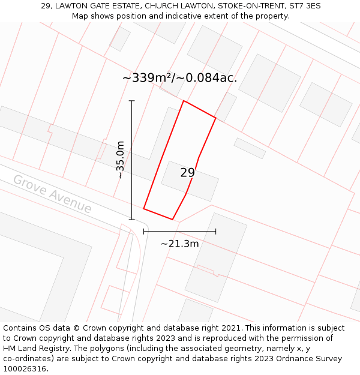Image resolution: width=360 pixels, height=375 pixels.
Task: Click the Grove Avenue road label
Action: pos(52,194)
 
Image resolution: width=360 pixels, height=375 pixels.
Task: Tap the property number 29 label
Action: pos(187,173)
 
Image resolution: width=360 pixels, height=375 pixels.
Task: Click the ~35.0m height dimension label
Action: pos(120,160)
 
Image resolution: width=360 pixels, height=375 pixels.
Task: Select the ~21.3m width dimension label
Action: pos(179,244)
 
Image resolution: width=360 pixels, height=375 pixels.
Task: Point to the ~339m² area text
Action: pos(147,78)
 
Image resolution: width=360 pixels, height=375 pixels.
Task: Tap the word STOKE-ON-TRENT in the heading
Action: pos(245,6)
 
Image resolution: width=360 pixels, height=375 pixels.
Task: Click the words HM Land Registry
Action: pos(32,348)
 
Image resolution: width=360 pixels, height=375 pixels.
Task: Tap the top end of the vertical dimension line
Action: pos(132,101)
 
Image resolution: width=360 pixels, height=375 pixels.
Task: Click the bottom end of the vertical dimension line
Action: pos(132,220)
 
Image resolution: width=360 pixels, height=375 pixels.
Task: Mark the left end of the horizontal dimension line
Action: pos(143,231)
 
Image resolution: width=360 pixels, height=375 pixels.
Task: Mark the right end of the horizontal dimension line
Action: pos(216,231)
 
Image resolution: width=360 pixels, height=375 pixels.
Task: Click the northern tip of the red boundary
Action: pos(184,101)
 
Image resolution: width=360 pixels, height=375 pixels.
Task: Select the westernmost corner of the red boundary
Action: pos(143,208)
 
